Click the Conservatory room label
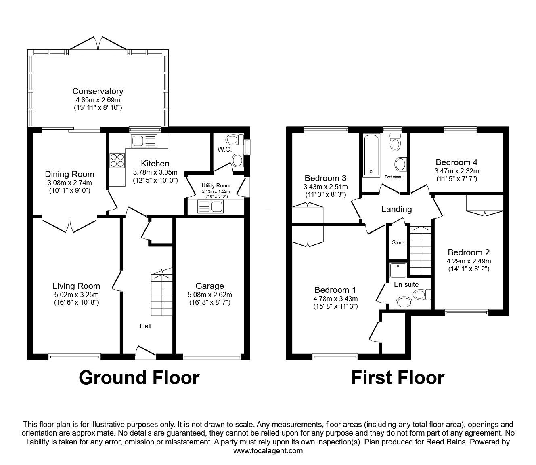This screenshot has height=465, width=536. click(98, 91)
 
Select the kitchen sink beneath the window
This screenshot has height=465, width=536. click(143, 141)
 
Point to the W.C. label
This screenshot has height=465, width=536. click(224, 150)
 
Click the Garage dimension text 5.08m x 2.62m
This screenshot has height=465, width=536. click(209, 295)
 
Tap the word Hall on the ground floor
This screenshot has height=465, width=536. click(145, 326)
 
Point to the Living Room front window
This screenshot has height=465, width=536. click(74, 356)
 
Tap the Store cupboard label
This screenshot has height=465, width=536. click(398, 243)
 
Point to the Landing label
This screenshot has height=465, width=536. click(397, 209)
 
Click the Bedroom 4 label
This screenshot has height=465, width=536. click(456, 162)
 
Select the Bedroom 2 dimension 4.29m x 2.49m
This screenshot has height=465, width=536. click(468, 261)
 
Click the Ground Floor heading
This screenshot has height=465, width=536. click(139, 378)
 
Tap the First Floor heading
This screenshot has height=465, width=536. click(398, 378)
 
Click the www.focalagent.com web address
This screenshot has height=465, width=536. click(268, 451)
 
